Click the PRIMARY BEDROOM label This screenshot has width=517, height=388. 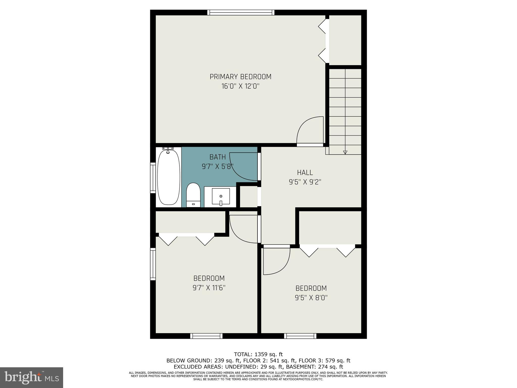tap(240, 77)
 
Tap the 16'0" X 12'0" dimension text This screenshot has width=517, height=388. tap(240, 86)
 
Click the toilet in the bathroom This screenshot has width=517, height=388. tap(193, 195)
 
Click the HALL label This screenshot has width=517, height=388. tap(305, 173)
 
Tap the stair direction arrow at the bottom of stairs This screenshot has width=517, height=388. tap(345, 152)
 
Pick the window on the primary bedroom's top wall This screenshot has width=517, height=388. tap(241, 12)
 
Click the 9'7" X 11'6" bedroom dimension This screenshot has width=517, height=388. tap(209, 288)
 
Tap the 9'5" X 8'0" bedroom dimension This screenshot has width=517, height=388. tap(311, 298)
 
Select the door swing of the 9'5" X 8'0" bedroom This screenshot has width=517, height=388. tap(276, 261)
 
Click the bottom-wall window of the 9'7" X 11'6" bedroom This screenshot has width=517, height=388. tap(206, 336)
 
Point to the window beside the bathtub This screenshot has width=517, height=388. tap(153, 178)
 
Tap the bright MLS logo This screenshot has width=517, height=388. tap(32, 377)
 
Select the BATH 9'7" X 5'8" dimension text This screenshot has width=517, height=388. tap(217, 167)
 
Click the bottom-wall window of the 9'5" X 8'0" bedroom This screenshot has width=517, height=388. tap(300, 336)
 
